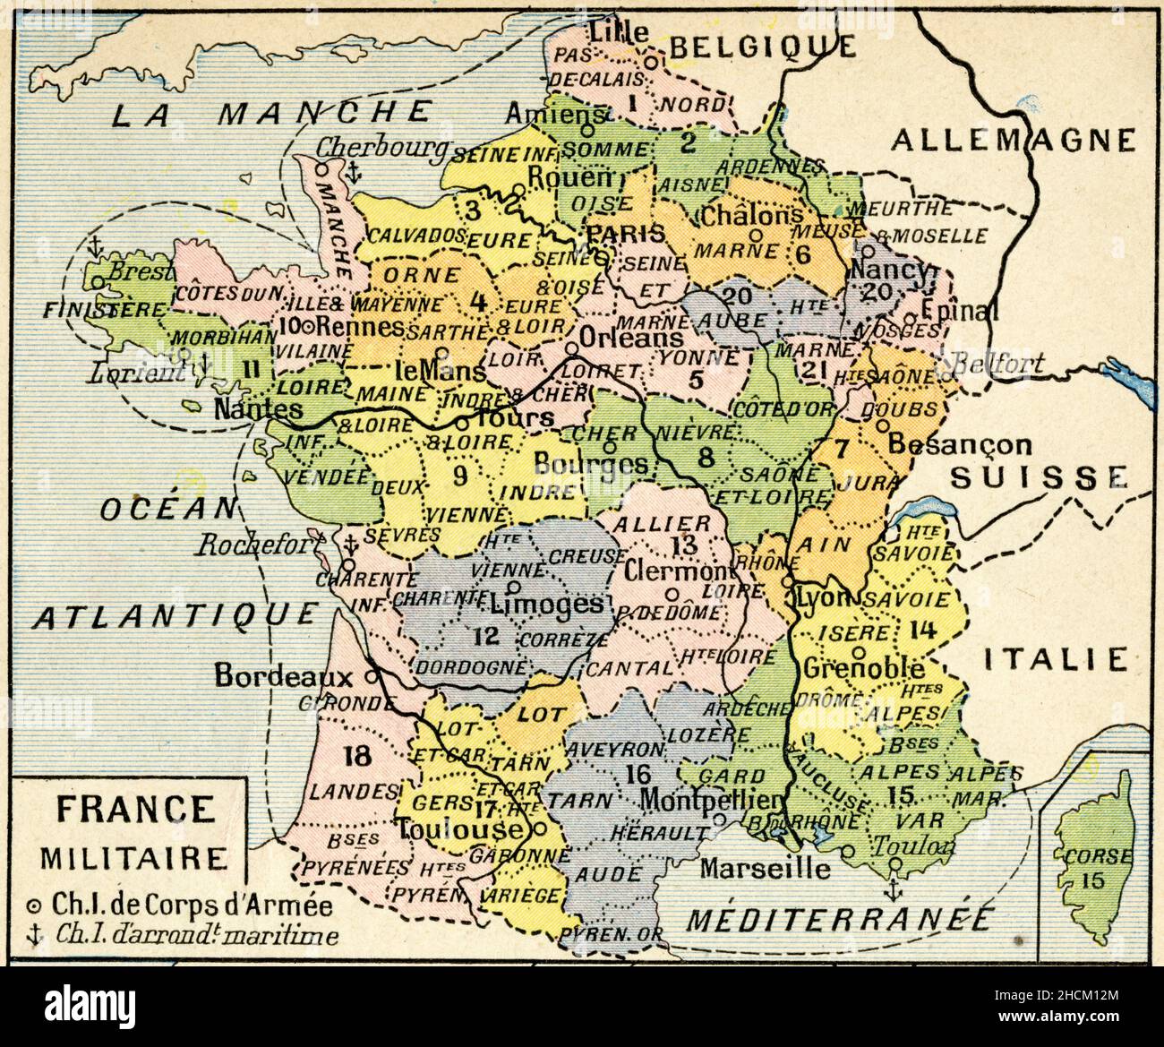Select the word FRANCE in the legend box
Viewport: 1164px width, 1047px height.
[x=134, y=809]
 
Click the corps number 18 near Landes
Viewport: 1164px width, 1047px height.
[x=355, y=756]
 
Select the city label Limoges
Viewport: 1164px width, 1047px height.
[x=548, y=604]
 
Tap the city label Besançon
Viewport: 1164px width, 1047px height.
[x=960, y=443]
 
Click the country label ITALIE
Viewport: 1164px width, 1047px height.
[x=1055, y=660]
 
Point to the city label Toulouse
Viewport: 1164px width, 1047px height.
[x=459, y=828]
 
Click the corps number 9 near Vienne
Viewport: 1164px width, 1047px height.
[x=460, y=476]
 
